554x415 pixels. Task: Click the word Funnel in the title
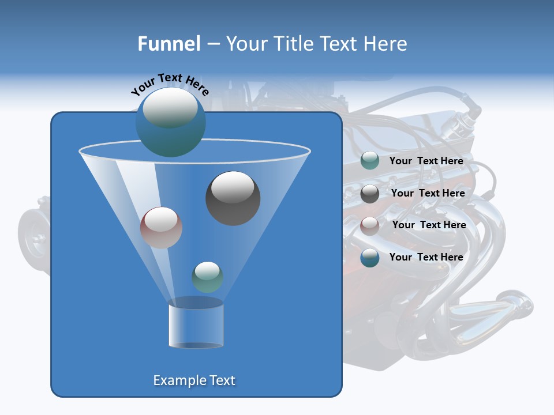tap(169, 44)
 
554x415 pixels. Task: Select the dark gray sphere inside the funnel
tap(233, 198)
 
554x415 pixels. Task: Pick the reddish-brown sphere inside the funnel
tap(161, 228)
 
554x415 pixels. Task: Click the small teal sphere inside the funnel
tap(207, 277)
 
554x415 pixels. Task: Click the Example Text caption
tap(194, 380)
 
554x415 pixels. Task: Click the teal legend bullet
tap(370, 161)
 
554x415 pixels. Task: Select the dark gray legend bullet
tap(370, 194)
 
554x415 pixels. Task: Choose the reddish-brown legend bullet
tap(370, 225)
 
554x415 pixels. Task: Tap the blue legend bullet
tap(370, 258)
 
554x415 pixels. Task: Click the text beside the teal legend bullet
tap(426, 161)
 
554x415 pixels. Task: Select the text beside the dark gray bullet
tap(428, 193)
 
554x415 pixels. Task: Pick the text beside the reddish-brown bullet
tap(429, 225)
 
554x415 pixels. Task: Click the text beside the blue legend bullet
tap(426, 257)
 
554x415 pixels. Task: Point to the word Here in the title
tap(385, 44)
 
